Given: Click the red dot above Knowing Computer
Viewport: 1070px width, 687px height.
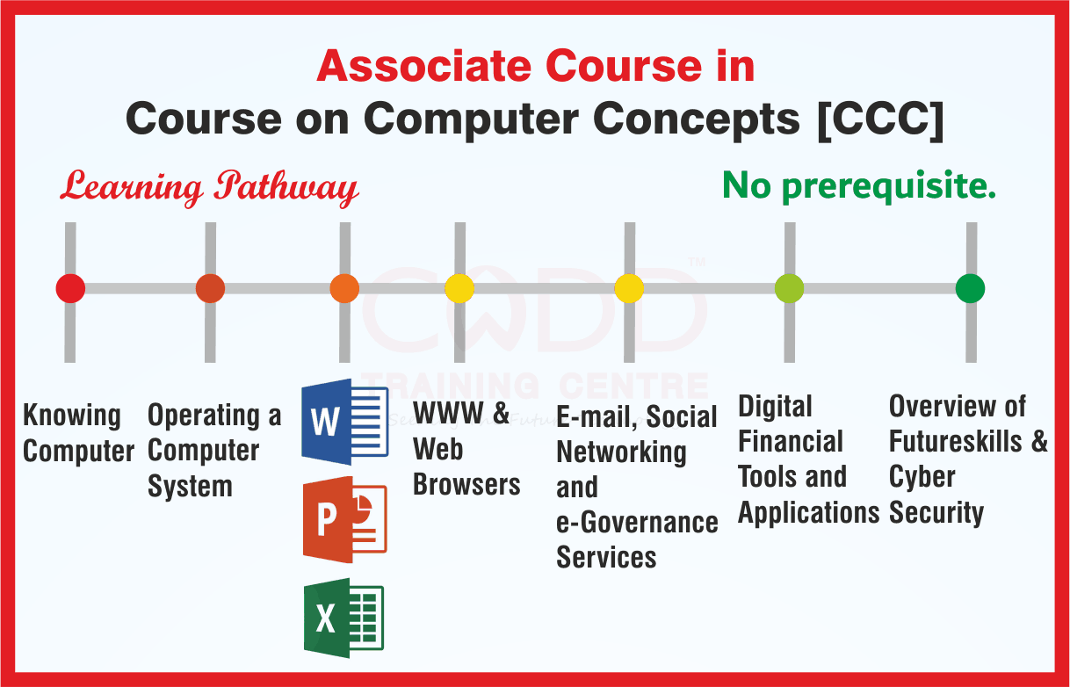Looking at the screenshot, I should pos(70,288).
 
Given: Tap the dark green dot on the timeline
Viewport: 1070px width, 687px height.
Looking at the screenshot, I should pos(970,288).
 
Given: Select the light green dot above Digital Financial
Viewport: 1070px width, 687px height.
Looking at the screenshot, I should pos(789,288).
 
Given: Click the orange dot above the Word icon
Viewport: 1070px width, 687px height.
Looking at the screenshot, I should pos(344,288).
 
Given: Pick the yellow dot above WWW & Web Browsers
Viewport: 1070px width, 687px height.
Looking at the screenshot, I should pos(459,288).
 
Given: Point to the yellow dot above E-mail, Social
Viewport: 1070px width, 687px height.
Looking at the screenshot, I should pos(629,288).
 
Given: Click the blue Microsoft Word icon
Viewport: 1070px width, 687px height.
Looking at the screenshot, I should pos(344,423).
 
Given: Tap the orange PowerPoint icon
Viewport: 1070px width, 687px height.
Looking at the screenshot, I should pos(344,520).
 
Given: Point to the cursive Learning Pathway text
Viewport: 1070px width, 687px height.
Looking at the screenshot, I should pos(209,187).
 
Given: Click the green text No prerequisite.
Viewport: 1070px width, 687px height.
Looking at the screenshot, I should pos(858,185).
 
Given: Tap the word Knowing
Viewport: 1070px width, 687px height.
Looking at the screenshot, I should pos(72,416).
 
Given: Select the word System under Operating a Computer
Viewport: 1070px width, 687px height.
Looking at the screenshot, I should pos(190,486).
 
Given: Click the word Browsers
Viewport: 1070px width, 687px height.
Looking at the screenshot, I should pos(466,484).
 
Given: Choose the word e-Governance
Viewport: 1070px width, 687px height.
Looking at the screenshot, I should pos(637,522).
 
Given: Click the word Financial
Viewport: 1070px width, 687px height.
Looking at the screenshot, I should pos(790,441).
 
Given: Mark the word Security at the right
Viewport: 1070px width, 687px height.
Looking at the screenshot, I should pos(936,512).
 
